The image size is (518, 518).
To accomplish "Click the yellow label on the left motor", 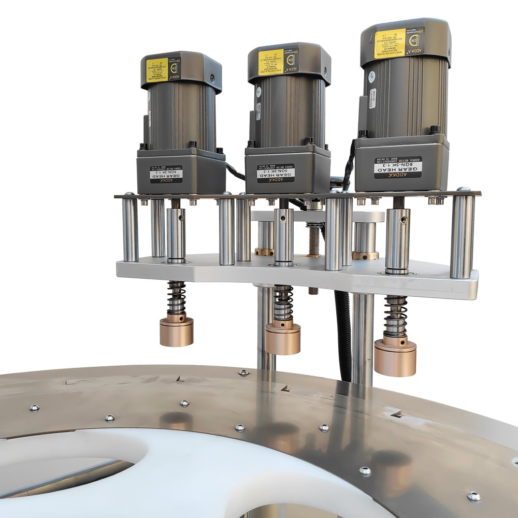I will coord(156,69).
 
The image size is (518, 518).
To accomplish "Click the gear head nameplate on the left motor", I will coord(166,174).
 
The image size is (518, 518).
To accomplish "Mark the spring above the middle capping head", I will coord(283,303).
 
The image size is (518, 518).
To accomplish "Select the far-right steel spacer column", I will coord(462,236).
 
